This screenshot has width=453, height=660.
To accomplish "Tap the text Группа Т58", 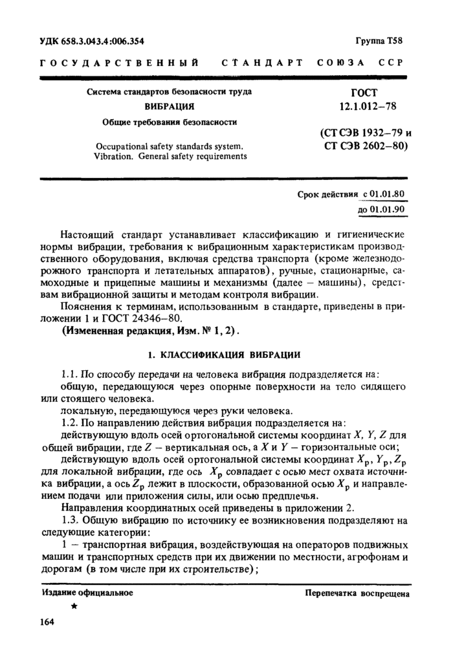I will pos(379,41).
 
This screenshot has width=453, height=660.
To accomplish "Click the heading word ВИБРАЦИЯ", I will pos(170,106).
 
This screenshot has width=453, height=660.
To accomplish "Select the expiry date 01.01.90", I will pos(387,210).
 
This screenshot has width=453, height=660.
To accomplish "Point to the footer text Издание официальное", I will pos(87,592).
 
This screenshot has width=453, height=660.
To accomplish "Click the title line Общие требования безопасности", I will pos(170,121).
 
